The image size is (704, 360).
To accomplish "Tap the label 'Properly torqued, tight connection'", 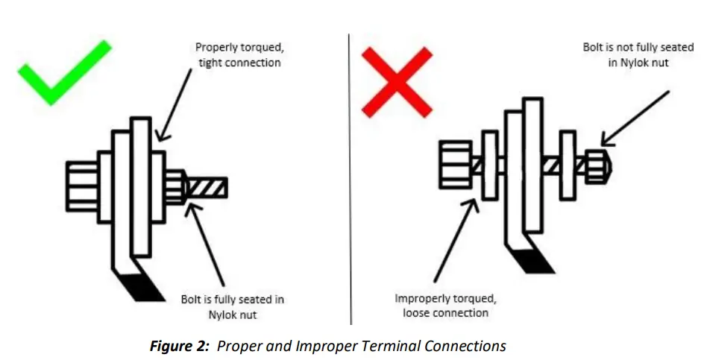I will [238, 55].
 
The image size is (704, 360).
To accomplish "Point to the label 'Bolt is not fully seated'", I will [638, 54].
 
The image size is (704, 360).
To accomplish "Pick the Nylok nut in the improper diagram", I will [597, 166].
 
